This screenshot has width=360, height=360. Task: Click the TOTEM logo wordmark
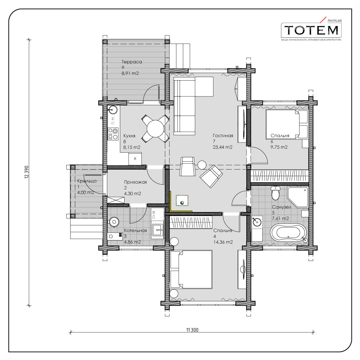311,30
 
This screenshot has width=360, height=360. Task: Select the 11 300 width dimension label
192,330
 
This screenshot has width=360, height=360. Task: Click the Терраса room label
132,62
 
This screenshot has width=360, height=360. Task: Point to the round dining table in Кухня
156,129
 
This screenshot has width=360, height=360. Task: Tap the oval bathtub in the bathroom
288,232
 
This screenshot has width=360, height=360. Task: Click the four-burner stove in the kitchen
113,134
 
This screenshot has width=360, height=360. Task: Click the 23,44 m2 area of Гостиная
222,147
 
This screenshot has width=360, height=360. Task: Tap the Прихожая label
135,182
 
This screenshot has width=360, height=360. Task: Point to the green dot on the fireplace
182,203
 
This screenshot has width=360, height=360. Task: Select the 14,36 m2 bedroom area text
223,242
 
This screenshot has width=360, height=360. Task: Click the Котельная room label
135,230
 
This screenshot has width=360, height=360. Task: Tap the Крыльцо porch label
87,181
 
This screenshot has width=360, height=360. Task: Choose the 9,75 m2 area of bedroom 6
279,147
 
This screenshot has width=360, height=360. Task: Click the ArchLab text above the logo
334,21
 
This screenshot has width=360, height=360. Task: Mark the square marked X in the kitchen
135,158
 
